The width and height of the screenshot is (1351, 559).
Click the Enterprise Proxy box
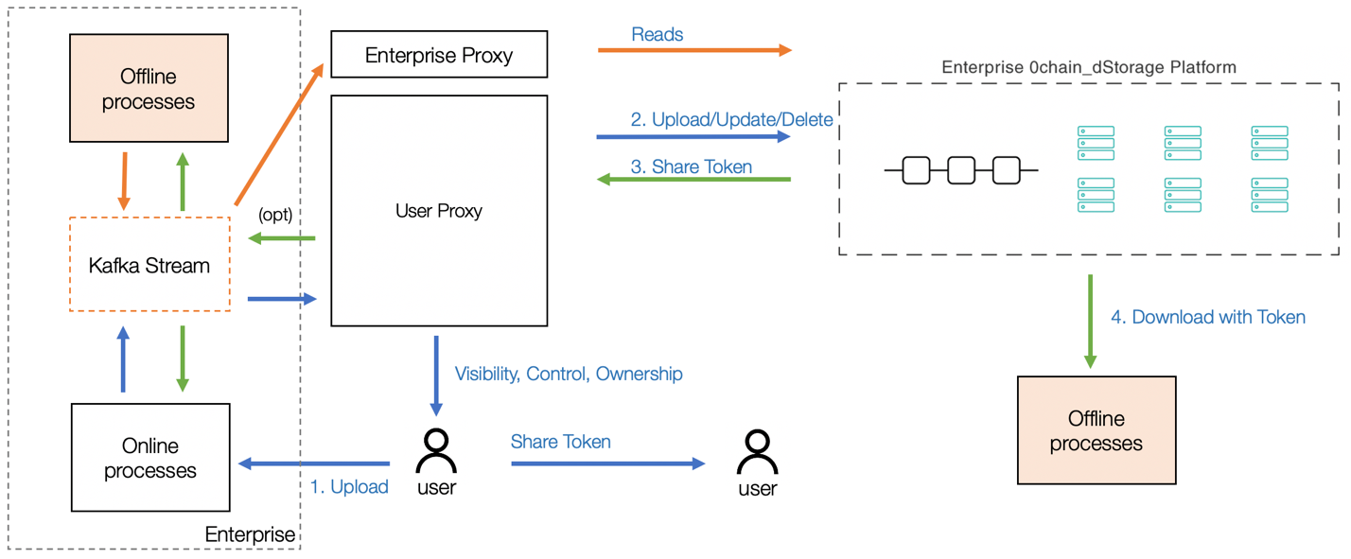click(439, 55)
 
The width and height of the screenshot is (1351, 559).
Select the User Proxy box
click(439, 211)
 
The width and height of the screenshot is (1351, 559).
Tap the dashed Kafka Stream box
click(149, 265)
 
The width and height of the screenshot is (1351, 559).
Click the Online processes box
click(150, 458)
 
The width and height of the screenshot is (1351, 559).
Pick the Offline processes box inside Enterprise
click(149, 89)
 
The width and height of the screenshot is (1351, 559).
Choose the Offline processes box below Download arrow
click(1096, 431)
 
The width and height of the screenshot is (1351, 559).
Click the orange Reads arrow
click(694, 50)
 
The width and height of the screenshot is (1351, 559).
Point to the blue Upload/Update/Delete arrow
click(693, 137)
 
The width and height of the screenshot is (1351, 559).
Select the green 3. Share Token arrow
click(693, 179)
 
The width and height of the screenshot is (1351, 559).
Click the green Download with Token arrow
click(1090, 322)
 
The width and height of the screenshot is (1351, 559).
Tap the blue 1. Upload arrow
click(314, 463)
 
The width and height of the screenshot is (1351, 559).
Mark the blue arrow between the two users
click(608, 463)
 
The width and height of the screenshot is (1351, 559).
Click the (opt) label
click(275, 215)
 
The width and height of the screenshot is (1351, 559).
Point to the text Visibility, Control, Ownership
click(569, 374)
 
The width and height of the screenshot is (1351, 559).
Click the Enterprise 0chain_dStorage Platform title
click(1089, 67)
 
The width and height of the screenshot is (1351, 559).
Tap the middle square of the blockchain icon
click(961, 170)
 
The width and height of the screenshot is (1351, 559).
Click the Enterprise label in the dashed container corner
click(250, 534)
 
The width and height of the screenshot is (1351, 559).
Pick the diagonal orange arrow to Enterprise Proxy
click(279, 134)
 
